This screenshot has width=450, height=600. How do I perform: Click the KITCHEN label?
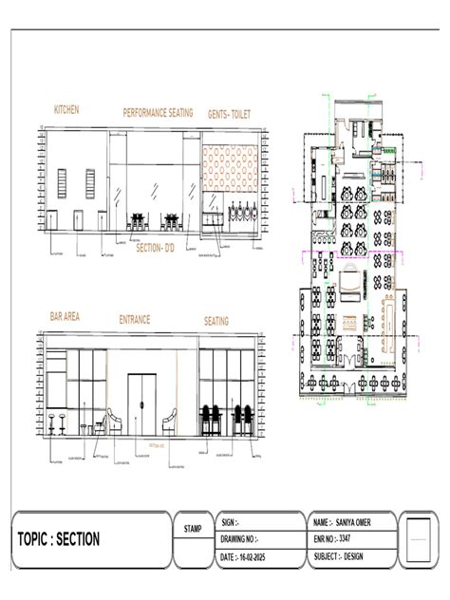tap(66, 110)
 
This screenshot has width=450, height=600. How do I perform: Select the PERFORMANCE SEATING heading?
tap(158, 112)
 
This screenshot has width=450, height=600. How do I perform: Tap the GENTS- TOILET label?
tap(231, 113)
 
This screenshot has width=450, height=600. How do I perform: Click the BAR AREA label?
tap(69, 316)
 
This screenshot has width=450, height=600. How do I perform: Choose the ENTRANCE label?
tap(135, 320)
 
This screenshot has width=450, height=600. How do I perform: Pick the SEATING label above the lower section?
tap(216, 321)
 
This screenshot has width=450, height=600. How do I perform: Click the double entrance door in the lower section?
tap(142, 404)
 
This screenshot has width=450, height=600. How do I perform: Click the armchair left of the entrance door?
tap(114, 422)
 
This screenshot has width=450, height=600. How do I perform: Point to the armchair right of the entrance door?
tap(171, 421)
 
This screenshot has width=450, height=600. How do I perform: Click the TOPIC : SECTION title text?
tap(59, 539)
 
